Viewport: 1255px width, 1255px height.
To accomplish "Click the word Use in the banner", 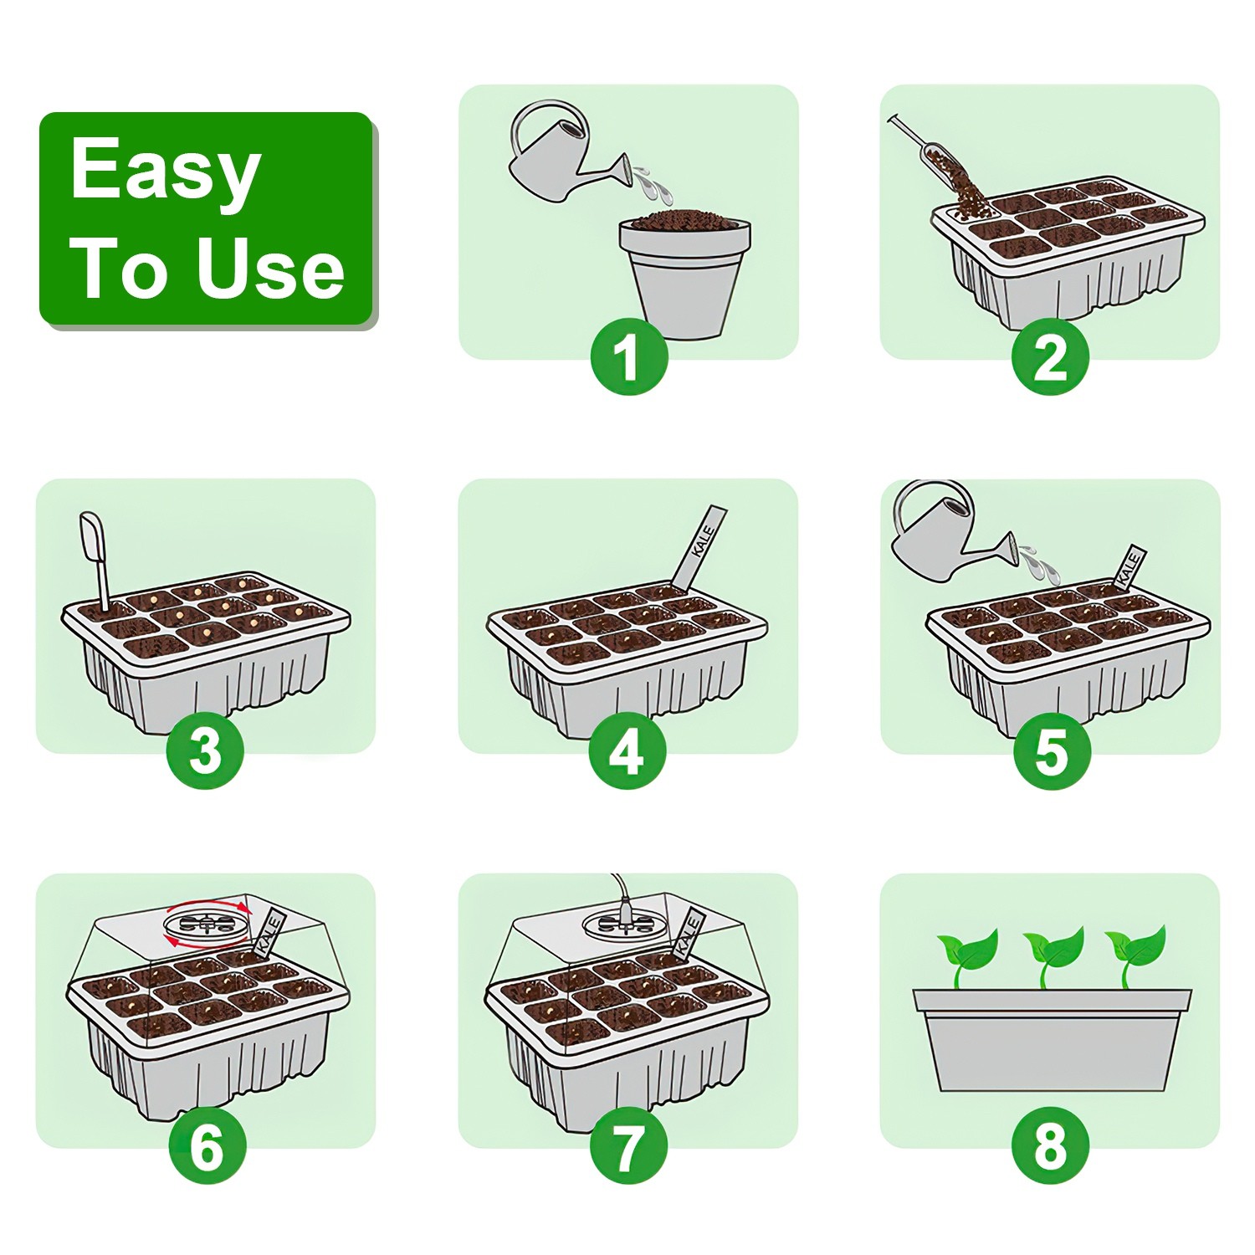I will tap(269, 269).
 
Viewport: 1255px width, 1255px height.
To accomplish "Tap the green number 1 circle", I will tap(629, 357).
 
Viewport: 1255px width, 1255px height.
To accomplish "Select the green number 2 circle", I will tap(1050, 357).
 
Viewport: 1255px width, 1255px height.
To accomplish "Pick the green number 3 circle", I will tap(205, 750).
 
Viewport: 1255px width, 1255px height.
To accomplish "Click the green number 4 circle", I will tap(627, 750).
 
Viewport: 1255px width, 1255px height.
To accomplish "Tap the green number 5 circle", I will tap(1052, 750).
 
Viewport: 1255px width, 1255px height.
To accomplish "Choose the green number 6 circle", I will tap(207, 1145).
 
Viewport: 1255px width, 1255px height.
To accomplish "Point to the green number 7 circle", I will tap(628, 1145).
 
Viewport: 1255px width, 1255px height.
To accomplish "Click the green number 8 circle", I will tap(1050, 1145).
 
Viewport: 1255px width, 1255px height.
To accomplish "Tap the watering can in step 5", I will tap(941, 535).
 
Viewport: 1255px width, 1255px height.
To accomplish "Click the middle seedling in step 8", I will tap(1053, 954).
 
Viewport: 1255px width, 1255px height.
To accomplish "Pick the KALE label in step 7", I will tap(688, 932).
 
